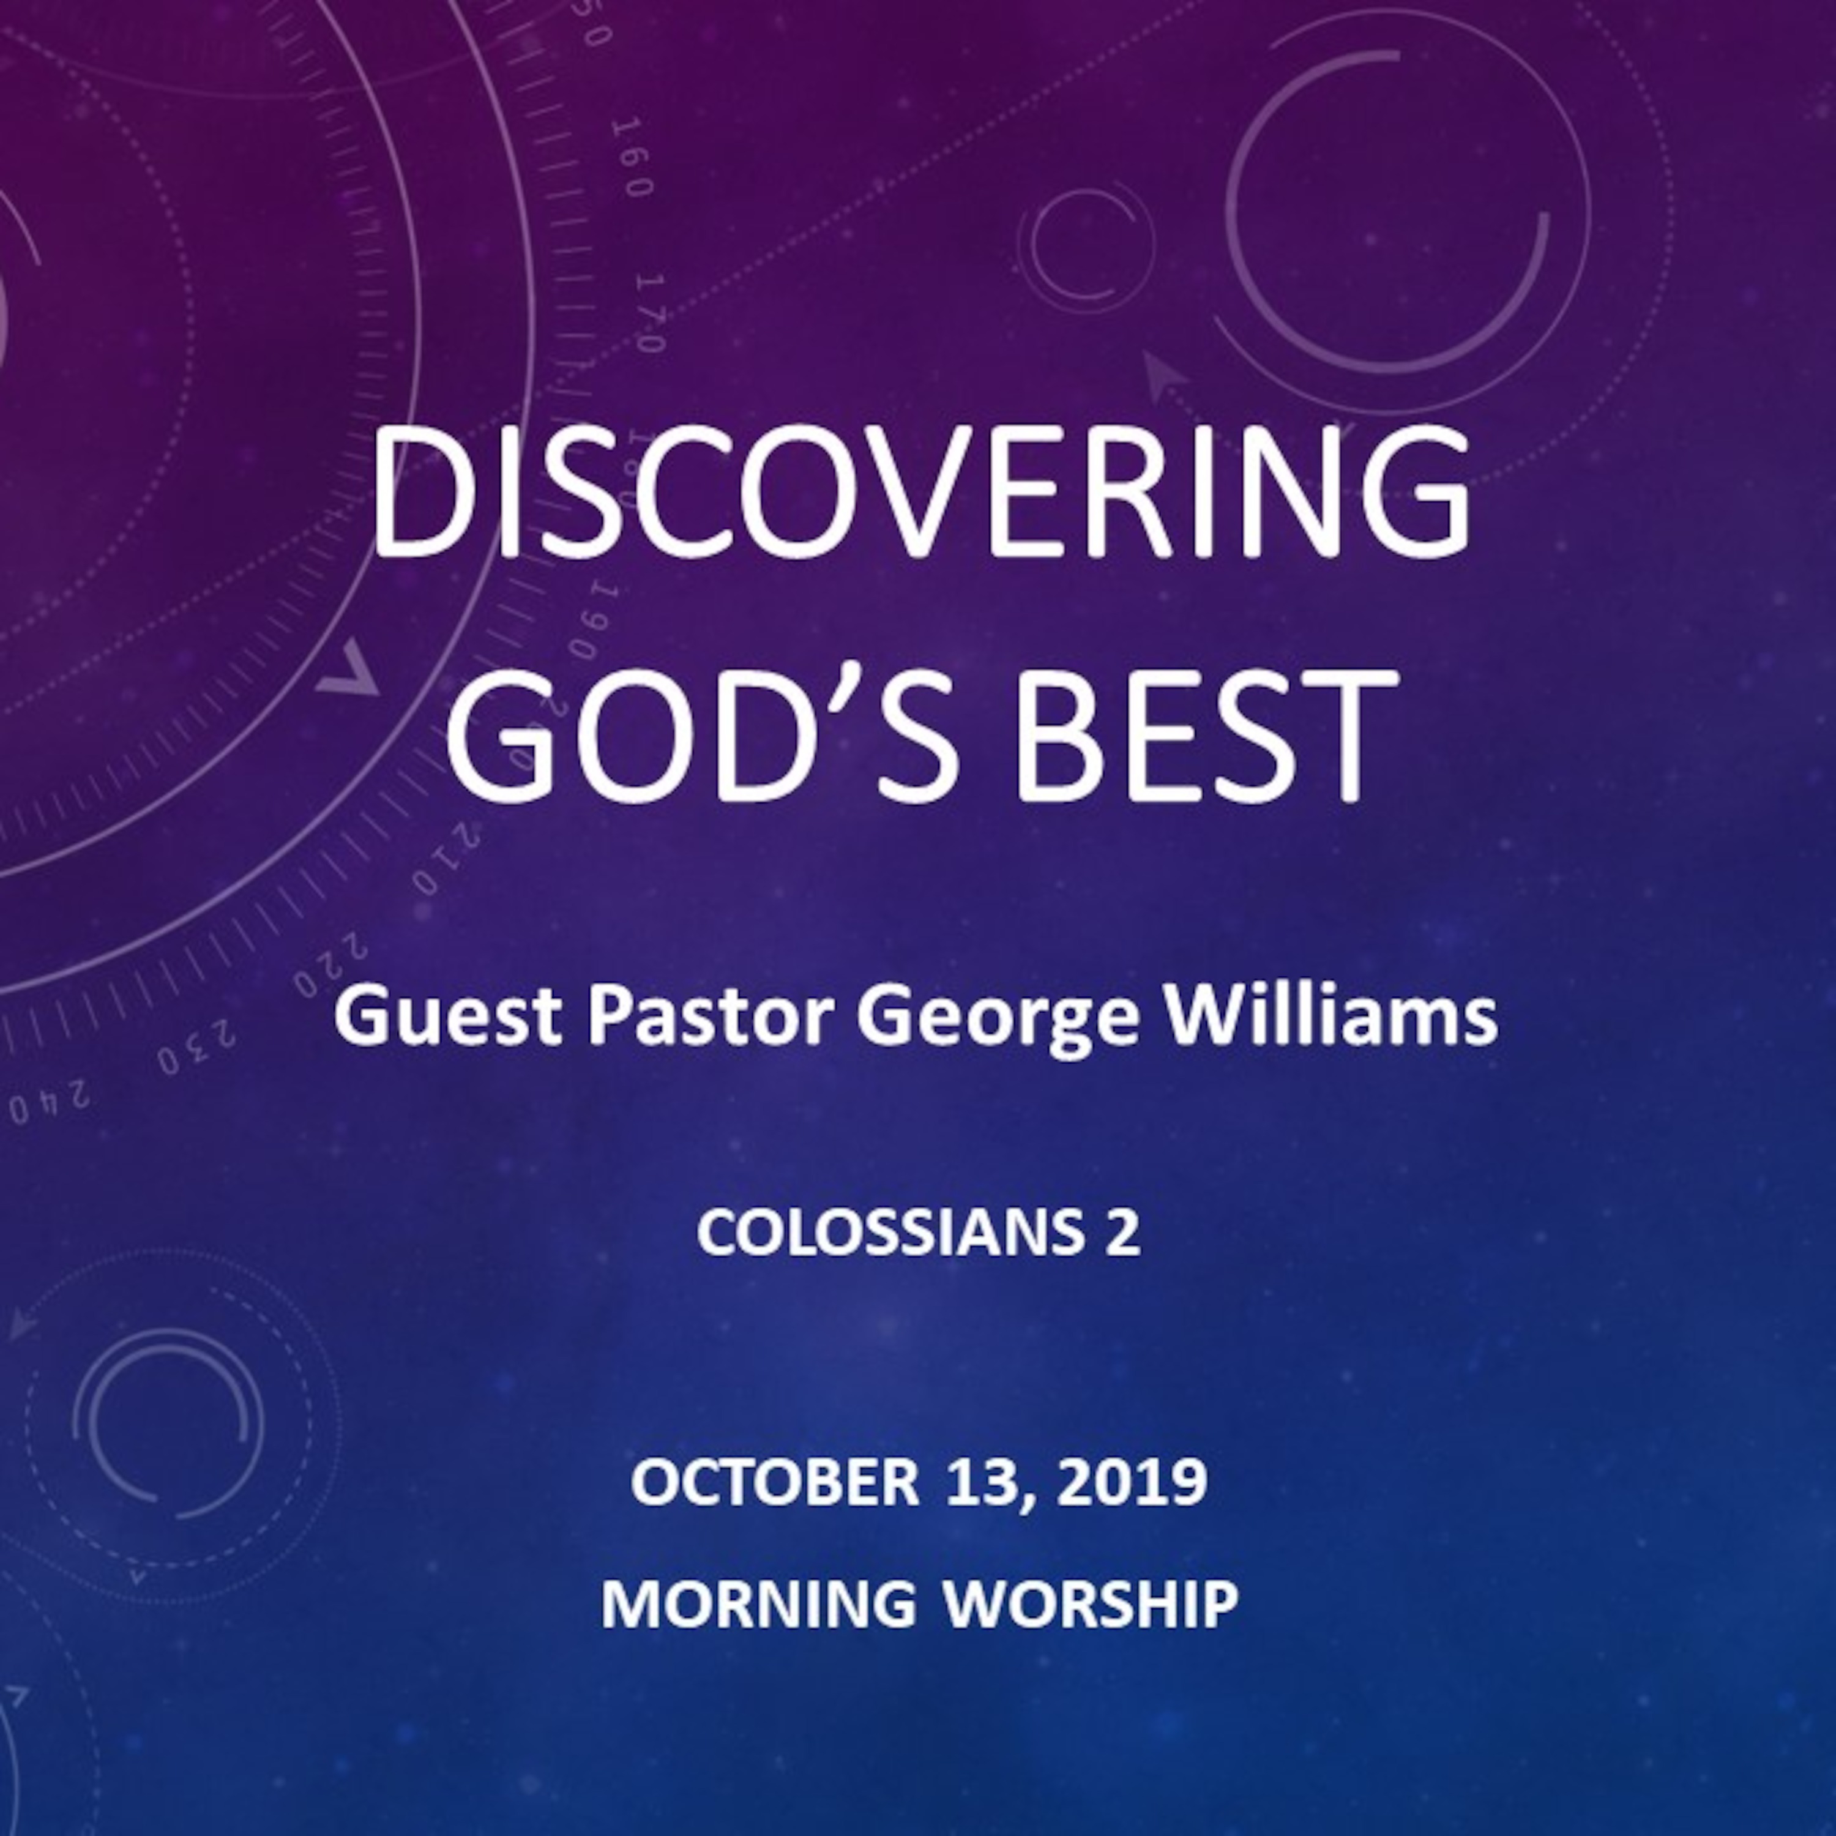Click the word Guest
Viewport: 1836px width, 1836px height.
(449, 1017)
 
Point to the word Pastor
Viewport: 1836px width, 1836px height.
(708, 1017)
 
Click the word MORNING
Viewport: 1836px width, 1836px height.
(758, 1604)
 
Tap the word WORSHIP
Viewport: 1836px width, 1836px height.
(1091, 1604)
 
